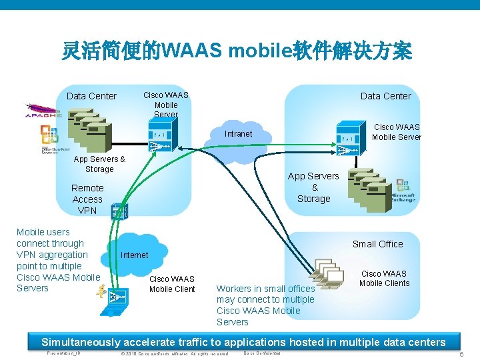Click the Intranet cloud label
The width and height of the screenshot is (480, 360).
[238, 134]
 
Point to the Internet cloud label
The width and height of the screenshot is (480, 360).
[135, 255]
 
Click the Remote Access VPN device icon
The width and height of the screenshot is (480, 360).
[120, 212]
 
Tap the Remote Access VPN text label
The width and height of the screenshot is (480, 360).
[87, 199]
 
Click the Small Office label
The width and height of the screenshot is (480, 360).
[377, 244]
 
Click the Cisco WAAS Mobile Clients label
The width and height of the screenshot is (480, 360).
[384, 278]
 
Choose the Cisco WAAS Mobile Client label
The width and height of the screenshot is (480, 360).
[172, 284]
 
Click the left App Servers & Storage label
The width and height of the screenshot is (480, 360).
[99, 164]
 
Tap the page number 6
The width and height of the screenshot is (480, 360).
[461, 354]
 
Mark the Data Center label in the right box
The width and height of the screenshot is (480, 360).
[385, 96]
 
